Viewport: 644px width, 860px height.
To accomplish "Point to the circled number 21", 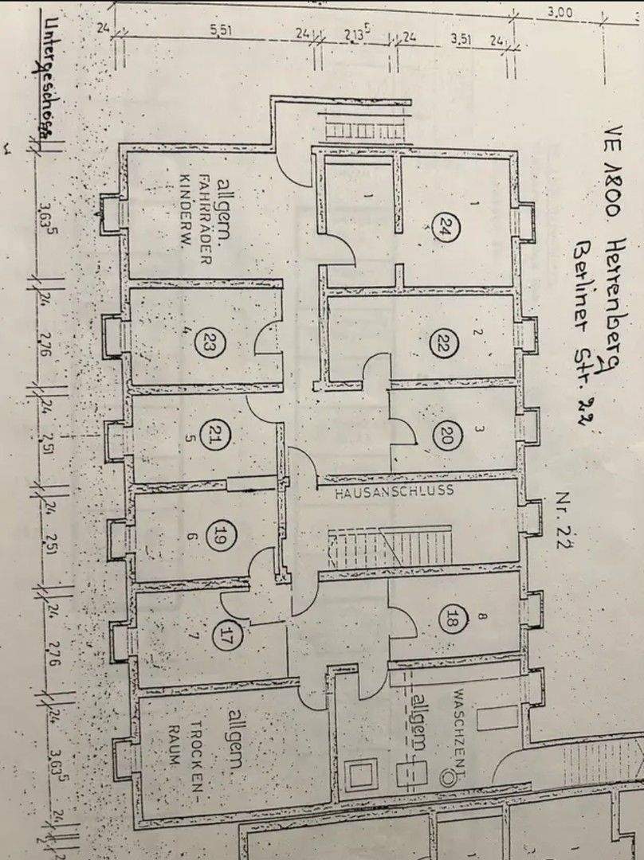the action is [213, 436].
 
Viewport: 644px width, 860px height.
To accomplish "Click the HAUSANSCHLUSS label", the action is [394, 491].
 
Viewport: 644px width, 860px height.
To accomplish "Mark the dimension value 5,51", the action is [220, 29].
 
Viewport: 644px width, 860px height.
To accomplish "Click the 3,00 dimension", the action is [560, 13].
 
